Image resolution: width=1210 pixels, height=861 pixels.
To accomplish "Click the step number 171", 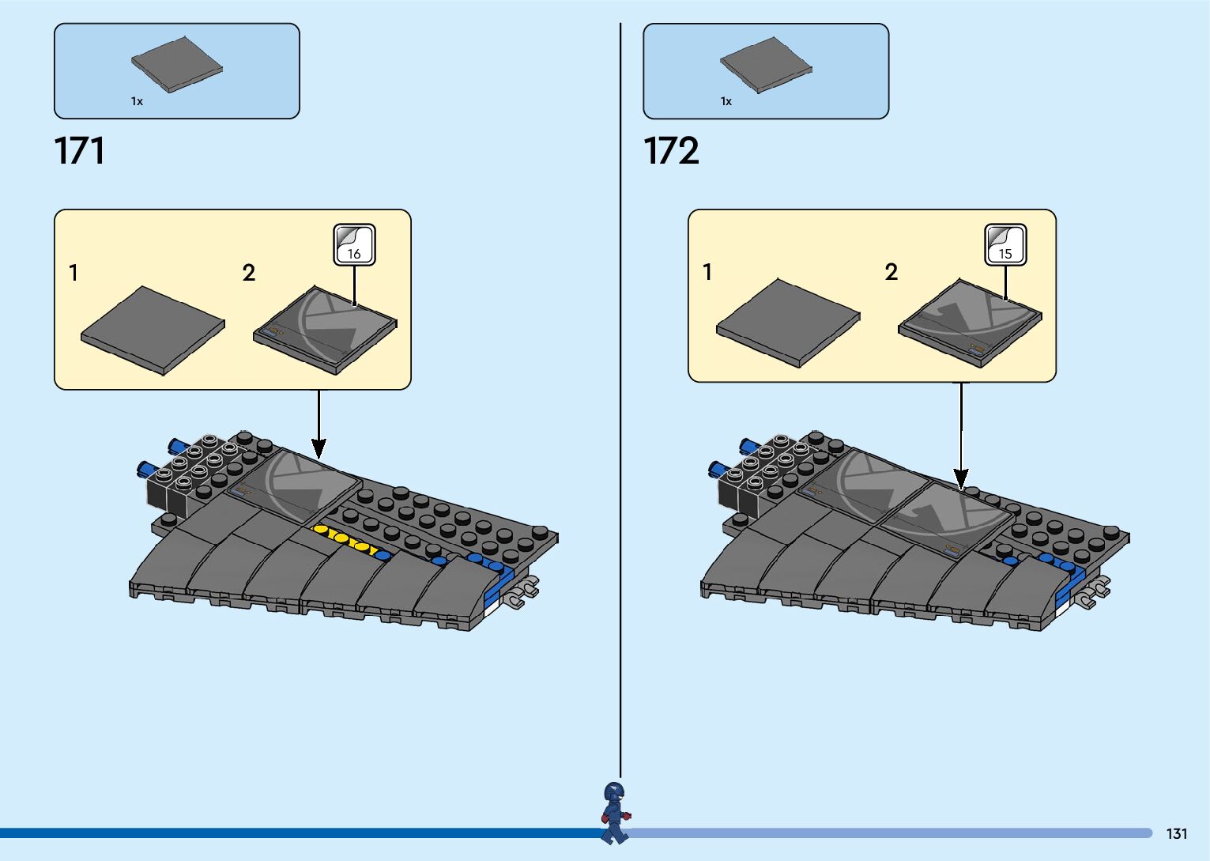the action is (x=79, y=150).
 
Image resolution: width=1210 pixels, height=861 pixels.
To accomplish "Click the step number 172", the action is (x=671, y=150).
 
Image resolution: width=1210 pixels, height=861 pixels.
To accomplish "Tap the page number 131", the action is (x=1176, y=833).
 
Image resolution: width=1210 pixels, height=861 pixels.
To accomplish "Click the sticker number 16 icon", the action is (x=354, y=245).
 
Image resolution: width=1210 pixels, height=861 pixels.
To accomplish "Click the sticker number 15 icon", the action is (x=1005, y=245).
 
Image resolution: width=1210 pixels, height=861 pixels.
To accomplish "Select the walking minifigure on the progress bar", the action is (x=615, y=812).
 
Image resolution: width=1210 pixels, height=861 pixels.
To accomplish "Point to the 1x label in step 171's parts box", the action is (x=137, y=101).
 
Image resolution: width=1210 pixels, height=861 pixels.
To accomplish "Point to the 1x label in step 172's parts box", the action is (x=726, y=101).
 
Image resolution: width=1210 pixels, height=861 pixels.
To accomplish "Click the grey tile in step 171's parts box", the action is (x=176, y=64).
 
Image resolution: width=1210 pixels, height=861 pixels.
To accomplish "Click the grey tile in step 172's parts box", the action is (x=765, y=64).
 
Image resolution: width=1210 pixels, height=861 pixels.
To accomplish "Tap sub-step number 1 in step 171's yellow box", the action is (x=74, y=274).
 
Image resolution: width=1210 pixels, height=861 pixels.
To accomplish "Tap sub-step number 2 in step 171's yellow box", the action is (x=249, y=274).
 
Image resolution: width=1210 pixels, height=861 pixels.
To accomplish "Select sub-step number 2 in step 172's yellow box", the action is (x=891, y=273).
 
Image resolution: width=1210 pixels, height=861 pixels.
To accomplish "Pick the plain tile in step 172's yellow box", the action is (x=787, y=323).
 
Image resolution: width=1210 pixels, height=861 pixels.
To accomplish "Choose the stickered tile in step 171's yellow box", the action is (x=325, y=330).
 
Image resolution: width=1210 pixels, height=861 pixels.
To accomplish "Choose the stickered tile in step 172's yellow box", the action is (x=970, y=323).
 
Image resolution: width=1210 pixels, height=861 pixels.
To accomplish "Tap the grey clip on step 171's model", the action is (x=524, y=591).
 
